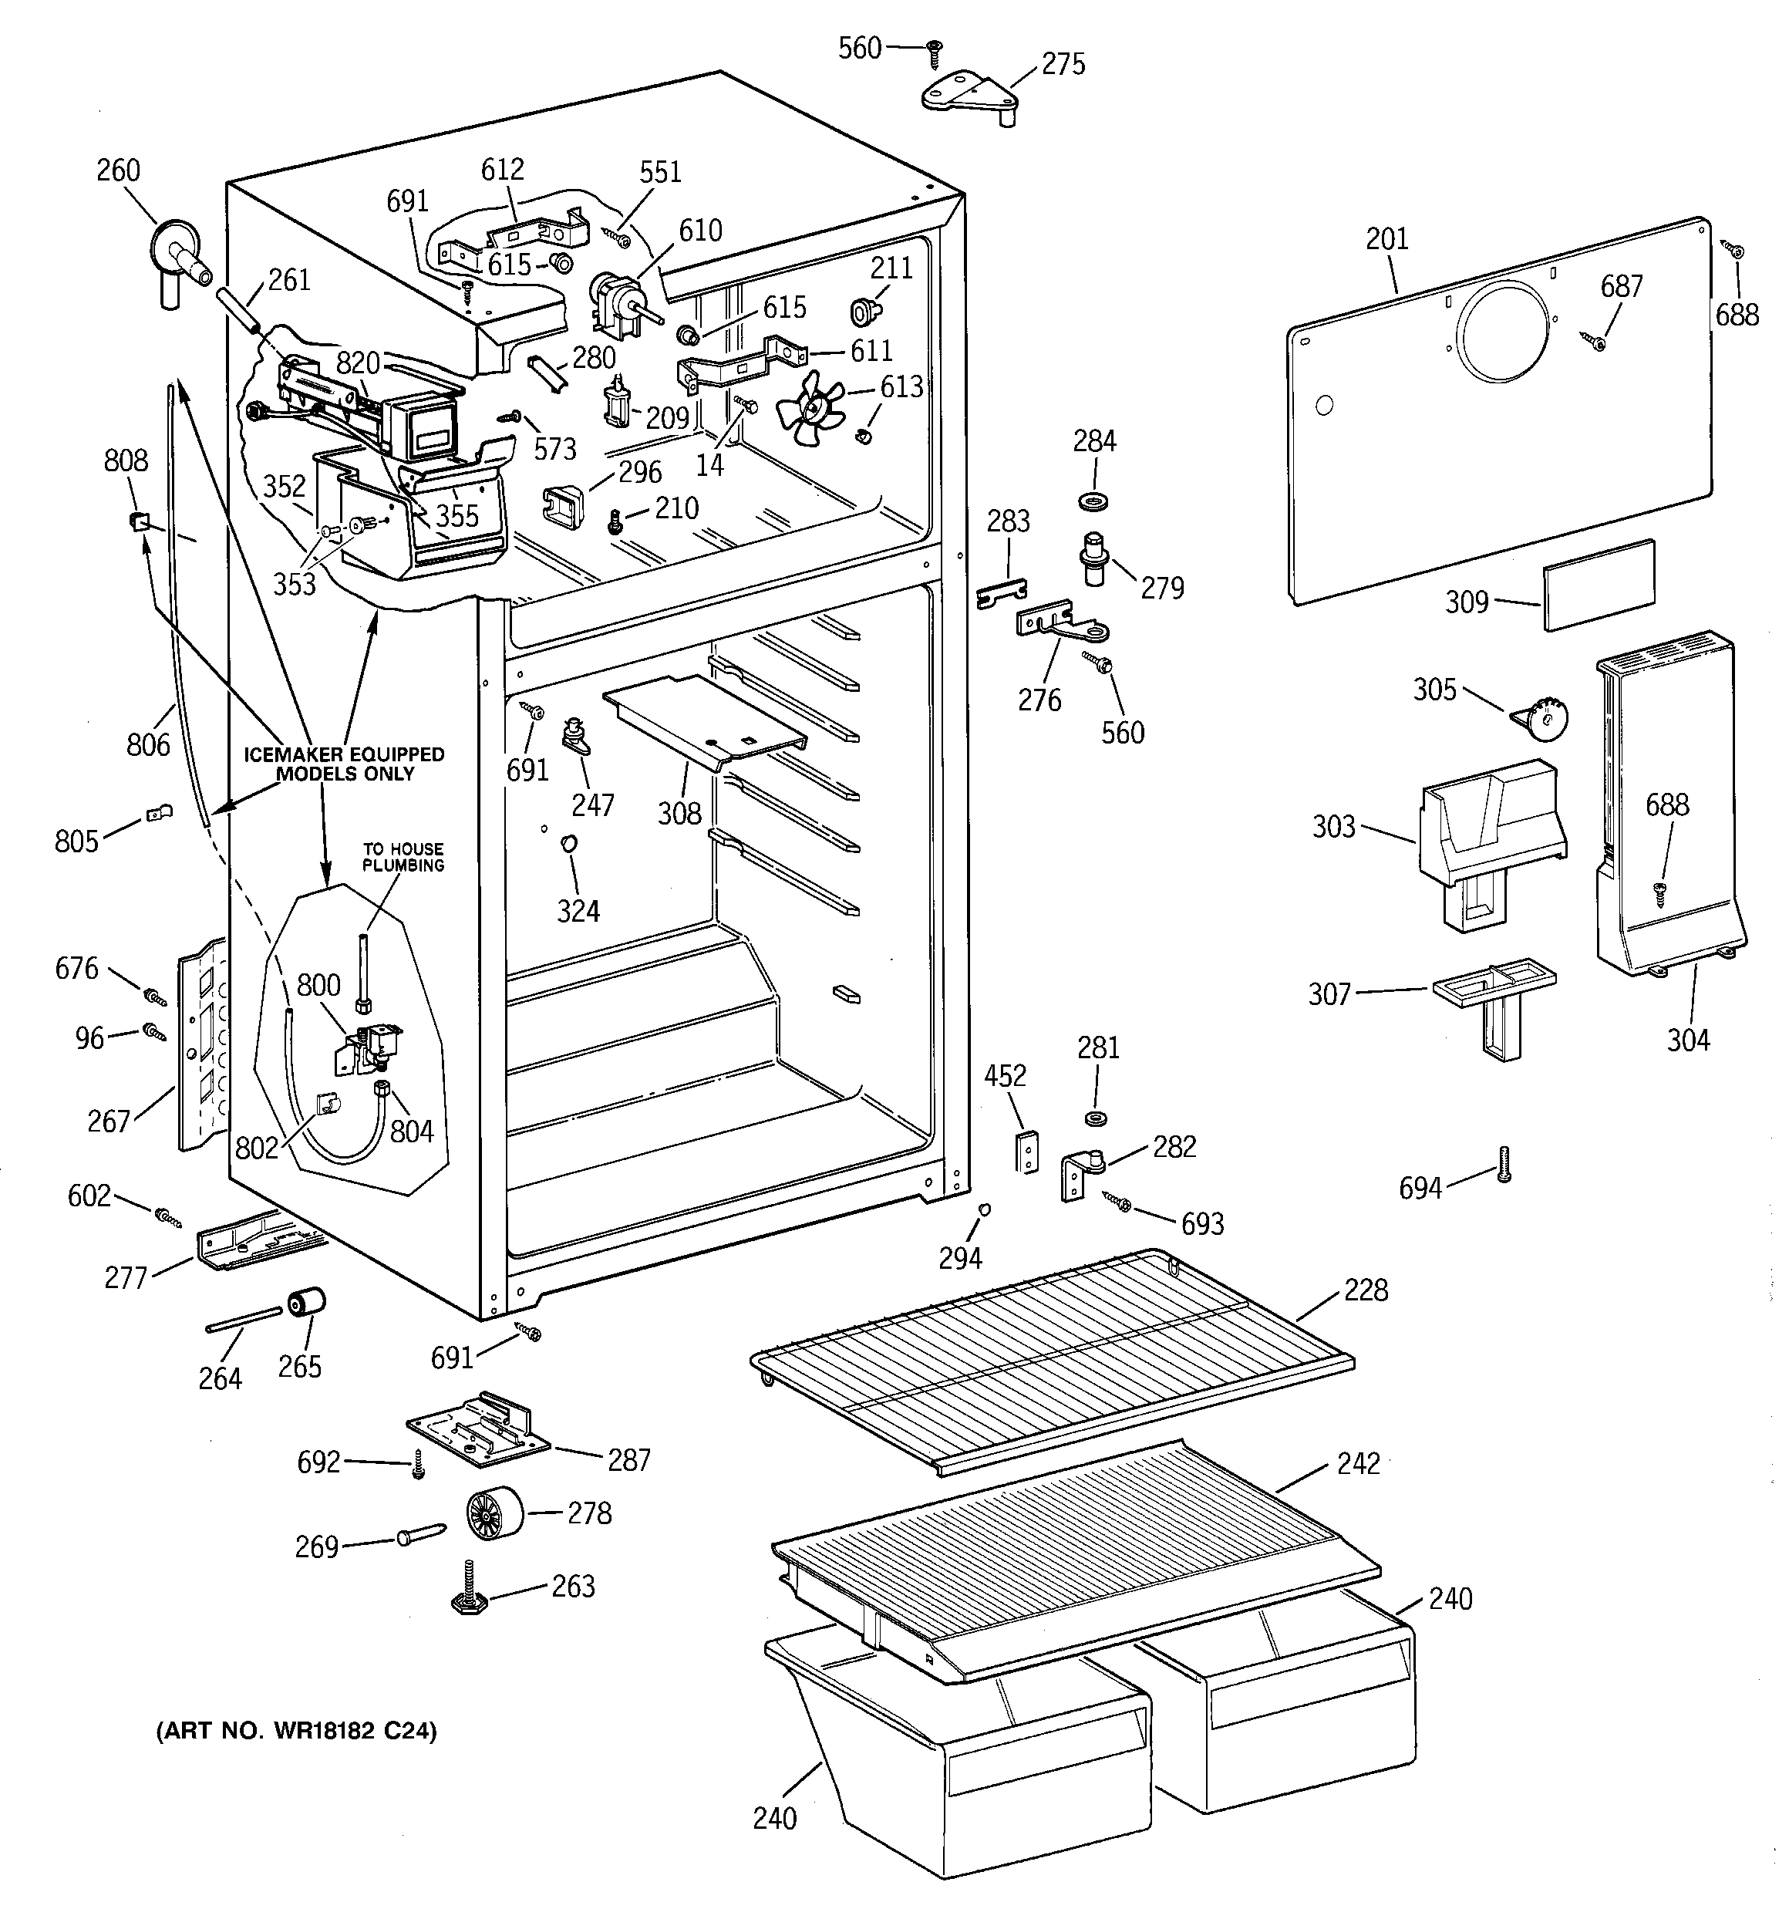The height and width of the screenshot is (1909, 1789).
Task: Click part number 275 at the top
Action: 1063,64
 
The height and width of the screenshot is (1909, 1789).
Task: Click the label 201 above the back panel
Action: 1386,238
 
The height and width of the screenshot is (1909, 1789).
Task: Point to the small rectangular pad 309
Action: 1599,585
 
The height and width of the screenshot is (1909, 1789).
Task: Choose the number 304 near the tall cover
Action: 1688,1039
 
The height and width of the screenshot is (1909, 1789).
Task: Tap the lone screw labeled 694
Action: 1504,1163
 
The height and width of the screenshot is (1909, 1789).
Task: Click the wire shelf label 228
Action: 1366,1290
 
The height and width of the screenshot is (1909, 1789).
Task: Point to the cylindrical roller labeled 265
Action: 306,1304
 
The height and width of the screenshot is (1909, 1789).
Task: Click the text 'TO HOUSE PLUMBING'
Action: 403,857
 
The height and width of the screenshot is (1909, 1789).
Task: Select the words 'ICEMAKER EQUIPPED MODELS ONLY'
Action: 344,764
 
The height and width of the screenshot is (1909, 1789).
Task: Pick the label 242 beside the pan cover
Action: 1359,1462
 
